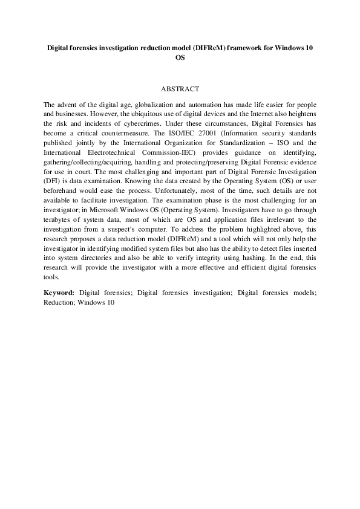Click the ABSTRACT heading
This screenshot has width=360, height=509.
pos(180,89)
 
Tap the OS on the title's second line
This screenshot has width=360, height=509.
pos(180,58)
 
